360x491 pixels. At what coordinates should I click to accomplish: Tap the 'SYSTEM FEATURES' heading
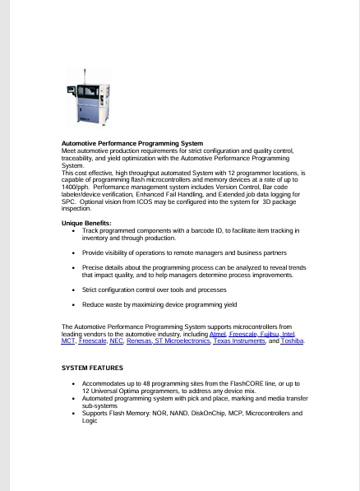click(92, 368)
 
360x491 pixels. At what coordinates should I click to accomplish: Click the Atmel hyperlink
click(219, 334)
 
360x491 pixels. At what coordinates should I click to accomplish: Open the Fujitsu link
click(267, 334)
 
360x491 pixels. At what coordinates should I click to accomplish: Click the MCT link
click(68, 340)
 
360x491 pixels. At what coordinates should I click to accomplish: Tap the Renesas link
click(139, 340)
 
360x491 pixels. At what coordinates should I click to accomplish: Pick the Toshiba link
click(292, 340)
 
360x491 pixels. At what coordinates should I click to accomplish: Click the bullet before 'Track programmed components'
click(74, 231)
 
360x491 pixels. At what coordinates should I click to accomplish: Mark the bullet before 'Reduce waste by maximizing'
click(74, 304)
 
